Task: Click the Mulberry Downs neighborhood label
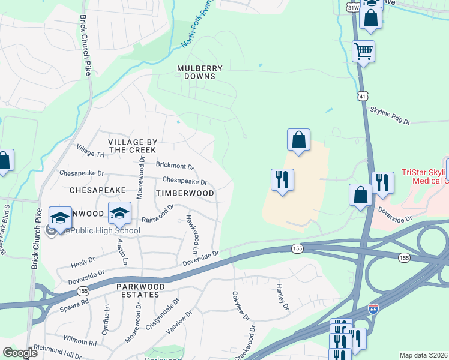pyautogui.click(x=200, y=72)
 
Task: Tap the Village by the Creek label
pyautogui.click(x=133, y=146)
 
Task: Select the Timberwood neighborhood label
pyautogui.click(x=185, y=193)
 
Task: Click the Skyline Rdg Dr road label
pyautogui.click(x=389, y=116)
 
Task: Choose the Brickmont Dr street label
pyautogui.click(x=175, y=166)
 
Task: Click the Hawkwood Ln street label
pyautogui.click(x=192, y=233)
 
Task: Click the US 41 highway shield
pyautogui.click(x=362, y=96)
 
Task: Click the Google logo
pyautogui.click(x=20, y=353)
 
